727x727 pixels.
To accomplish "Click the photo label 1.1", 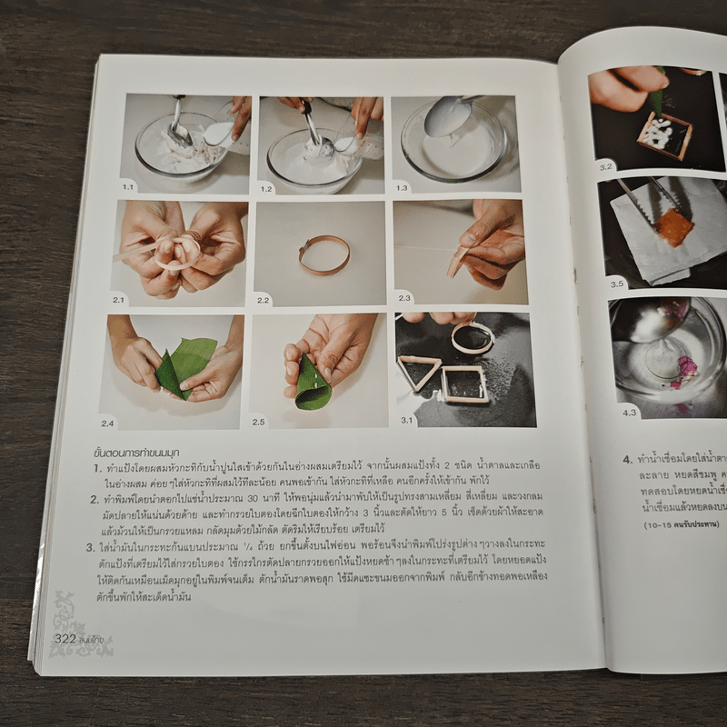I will pos(128,186).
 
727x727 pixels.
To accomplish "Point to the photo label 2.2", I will pos(264,300).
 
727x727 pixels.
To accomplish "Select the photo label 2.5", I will pos(259,422).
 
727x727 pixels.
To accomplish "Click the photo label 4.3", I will pos(631,412).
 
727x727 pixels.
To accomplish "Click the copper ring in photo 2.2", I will pos(324,254).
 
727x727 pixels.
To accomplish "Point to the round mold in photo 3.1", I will pos(473,338).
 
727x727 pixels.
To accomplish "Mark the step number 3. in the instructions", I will pos(91,547).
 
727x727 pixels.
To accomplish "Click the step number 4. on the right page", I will pos(627,460).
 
